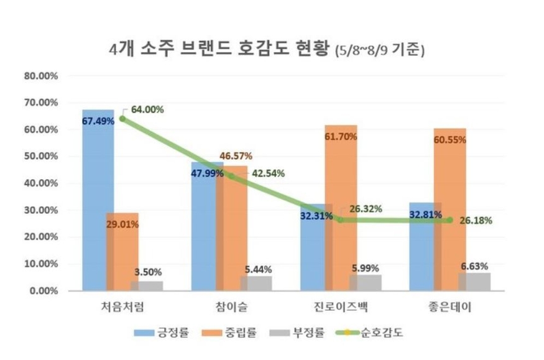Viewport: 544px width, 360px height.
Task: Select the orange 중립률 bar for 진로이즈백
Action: point(340,187)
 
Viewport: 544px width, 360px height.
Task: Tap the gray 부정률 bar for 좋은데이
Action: point(474,282)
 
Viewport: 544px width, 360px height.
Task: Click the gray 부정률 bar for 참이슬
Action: point(256,284)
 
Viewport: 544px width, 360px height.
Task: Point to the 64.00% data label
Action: point(147,109)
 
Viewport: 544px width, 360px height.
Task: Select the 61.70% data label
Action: point(341,136)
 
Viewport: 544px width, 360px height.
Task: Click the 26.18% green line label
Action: point(476,221)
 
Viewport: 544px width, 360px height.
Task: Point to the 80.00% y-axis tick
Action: point(41,76)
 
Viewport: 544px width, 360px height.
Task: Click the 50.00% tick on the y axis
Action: point(41,157)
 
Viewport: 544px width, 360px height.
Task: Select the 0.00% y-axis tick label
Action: point(44,291)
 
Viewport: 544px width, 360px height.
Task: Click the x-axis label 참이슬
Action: point(232,309)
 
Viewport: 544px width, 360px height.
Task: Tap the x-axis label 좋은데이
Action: point(449,309)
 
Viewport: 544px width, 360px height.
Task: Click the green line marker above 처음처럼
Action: point(122,118)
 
